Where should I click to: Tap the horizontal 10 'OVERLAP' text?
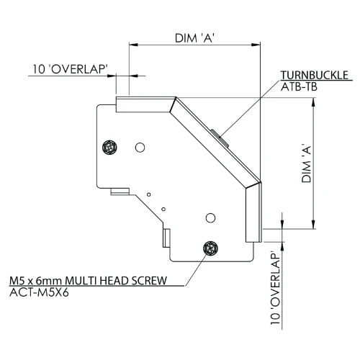71,70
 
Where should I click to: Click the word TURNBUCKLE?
315,76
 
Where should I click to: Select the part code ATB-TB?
299,87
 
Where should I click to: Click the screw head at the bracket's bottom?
210,248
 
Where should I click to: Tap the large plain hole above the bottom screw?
210,217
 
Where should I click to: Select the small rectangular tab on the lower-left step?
118,192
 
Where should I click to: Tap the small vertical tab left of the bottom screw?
166,237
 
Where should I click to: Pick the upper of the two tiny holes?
148,193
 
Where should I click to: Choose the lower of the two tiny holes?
163,209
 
